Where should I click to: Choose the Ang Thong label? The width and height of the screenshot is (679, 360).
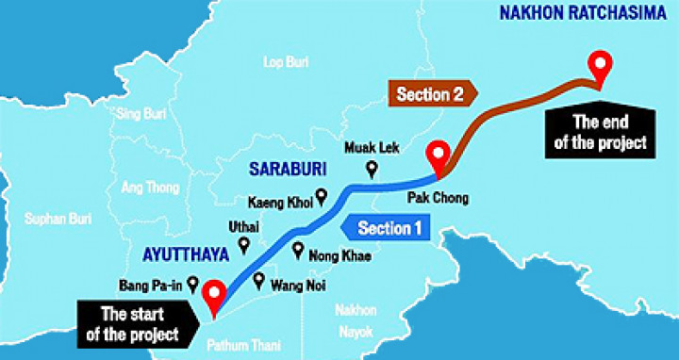pos(149,188)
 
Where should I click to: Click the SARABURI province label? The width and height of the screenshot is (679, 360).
pos(281,169)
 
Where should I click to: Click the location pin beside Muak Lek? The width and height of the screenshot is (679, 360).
pos(371,170)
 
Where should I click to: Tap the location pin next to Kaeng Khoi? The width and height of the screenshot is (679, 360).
pos(321,197)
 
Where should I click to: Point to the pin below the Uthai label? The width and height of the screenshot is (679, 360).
pos(244,246)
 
